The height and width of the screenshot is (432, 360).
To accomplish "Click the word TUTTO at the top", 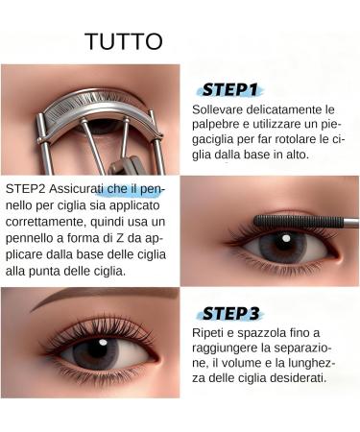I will click(x=124, y=42).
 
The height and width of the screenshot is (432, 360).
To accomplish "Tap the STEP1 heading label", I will click(x=228, y=90).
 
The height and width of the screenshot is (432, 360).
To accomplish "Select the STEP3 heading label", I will click(x=231, y=313).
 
